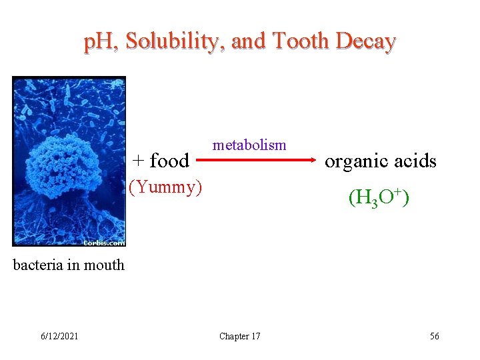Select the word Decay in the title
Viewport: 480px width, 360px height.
pos(366,41)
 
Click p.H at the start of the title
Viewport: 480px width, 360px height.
pos(101,41)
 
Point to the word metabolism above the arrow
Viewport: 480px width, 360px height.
pos(249,145)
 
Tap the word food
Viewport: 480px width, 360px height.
pos(169,161)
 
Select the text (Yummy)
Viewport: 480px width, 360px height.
pos(165,187)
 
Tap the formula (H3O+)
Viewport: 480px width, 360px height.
pos(378,197)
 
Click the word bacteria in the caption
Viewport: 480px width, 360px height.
pos(38,265)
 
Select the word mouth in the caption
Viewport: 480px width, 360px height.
pos(105,265)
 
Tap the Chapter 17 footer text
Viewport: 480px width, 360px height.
pos(240,336)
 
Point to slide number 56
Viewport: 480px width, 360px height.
pos(434,336)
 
